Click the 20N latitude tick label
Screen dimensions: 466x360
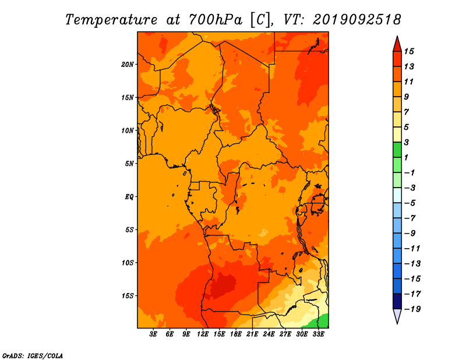click(127, 65)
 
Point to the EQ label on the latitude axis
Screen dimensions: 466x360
click(129, 197)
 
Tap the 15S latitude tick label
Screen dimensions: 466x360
click(128, 296)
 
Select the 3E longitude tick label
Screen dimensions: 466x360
click(153, 334)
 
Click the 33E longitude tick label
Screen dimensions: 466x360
click(318, 334)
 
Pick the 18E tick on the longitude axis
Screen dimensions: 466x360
click(236, 334)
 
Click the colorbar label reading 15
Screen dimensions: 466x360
click(409, 51)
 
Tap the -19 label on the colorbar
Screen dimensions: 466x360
click(412, 309)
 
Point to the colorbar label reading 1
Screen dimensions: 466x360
click(406, 157)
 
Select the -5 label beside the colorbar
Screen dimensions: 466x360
click(410, 203)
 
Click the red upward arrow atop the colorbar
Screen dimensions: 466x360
click(397, 44)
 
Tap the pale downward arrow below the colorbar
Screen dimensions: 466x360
click(397, 316)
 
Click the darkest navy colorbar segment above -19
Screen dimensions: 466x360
click(397, 301)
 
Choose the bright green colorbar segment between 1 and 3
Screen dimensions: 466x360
click(397, 150)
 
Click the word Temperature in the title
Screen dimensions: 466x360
click(111, 20)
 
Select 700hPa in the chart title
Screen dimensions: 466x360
click(216, 20)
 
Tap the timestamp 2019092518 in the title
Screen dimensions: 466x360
click(357, 20)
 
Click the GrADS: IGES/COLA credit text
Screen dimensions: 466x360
click(33, 355)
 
